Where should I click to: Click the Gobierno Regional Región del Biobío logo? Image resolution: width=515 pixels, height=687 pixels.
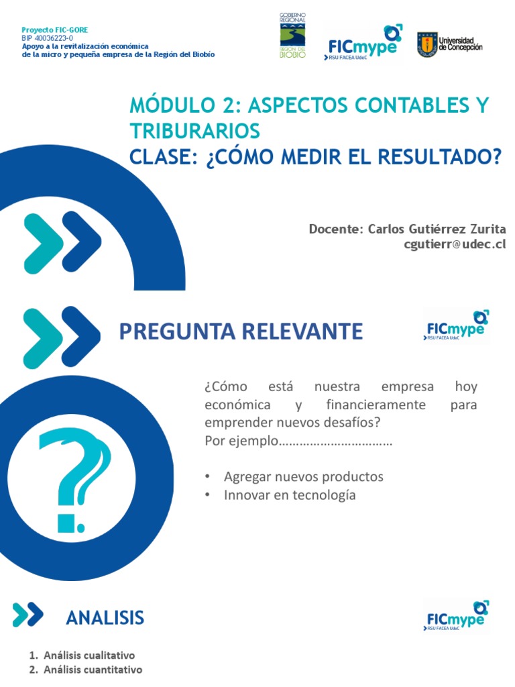click(x=292, y=36)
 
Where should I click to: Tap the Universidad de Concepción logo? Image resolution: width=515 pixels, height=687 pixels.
click(x=449, y=45)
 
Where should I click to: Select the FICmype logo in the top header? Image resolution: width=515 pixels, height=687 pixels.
click(x=363, y=42)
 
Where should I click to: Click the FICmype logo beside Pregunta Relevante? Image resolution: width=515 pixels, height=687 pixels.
click(x=456, y=326)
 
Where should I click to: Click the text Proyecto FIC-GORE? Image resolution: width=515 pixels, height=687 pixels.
click(x=54, y=30)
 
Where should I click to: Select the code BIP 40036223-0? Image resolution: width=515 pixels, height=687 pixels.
click(x=47, y=39)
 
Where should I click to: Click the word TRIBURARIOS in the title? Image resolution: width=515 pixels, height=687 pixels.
click(x=194, y=130)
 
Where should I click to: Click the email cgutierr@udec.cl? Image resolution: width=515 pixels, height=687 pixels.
click(x=455, y=244)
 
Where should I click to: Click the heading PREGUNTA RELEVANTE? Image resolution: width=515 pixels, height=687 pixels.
click(x=241, y=331)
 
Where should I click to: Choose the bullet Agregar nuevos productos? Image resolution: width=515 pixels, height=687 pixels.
click(x=303, y=476)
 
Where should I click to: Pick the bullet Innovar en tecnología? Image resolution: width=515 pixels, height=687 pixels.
click(x=290, y=495)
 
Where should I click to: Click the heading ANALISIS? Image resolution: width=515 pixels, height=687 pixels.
click(x=105, y=617)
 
